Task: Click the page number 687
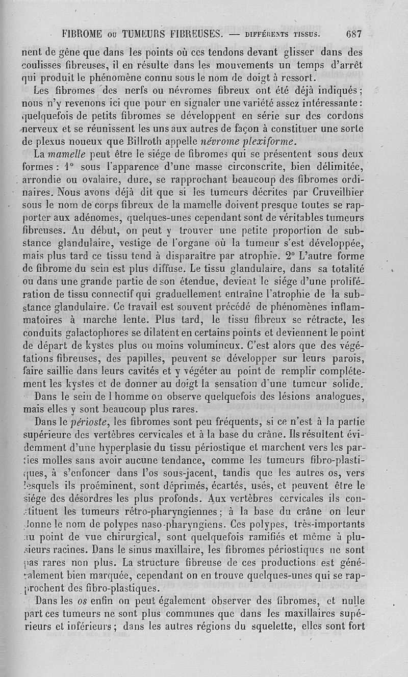point(353,35)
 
